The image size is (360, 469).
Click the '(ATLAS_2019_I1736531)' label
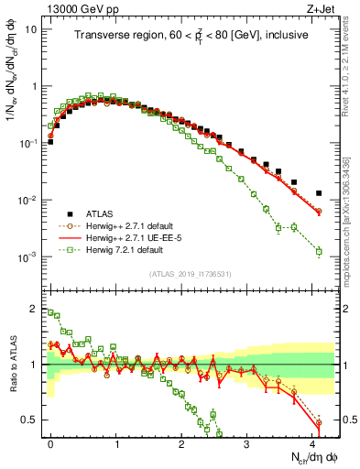click(x=191, y=273)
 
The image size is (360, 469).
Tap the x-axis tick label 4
click(x=312, y=442)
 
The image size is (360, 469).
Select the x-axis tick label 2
click(x=181, y=442)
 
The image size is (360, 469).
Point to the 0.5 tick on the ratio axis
click(x=35, y=420)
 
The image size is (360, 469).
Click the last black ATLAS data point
click(x=319, y=193)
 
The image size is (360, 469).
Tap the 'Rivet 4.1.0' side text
click(x=352, y=55)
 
